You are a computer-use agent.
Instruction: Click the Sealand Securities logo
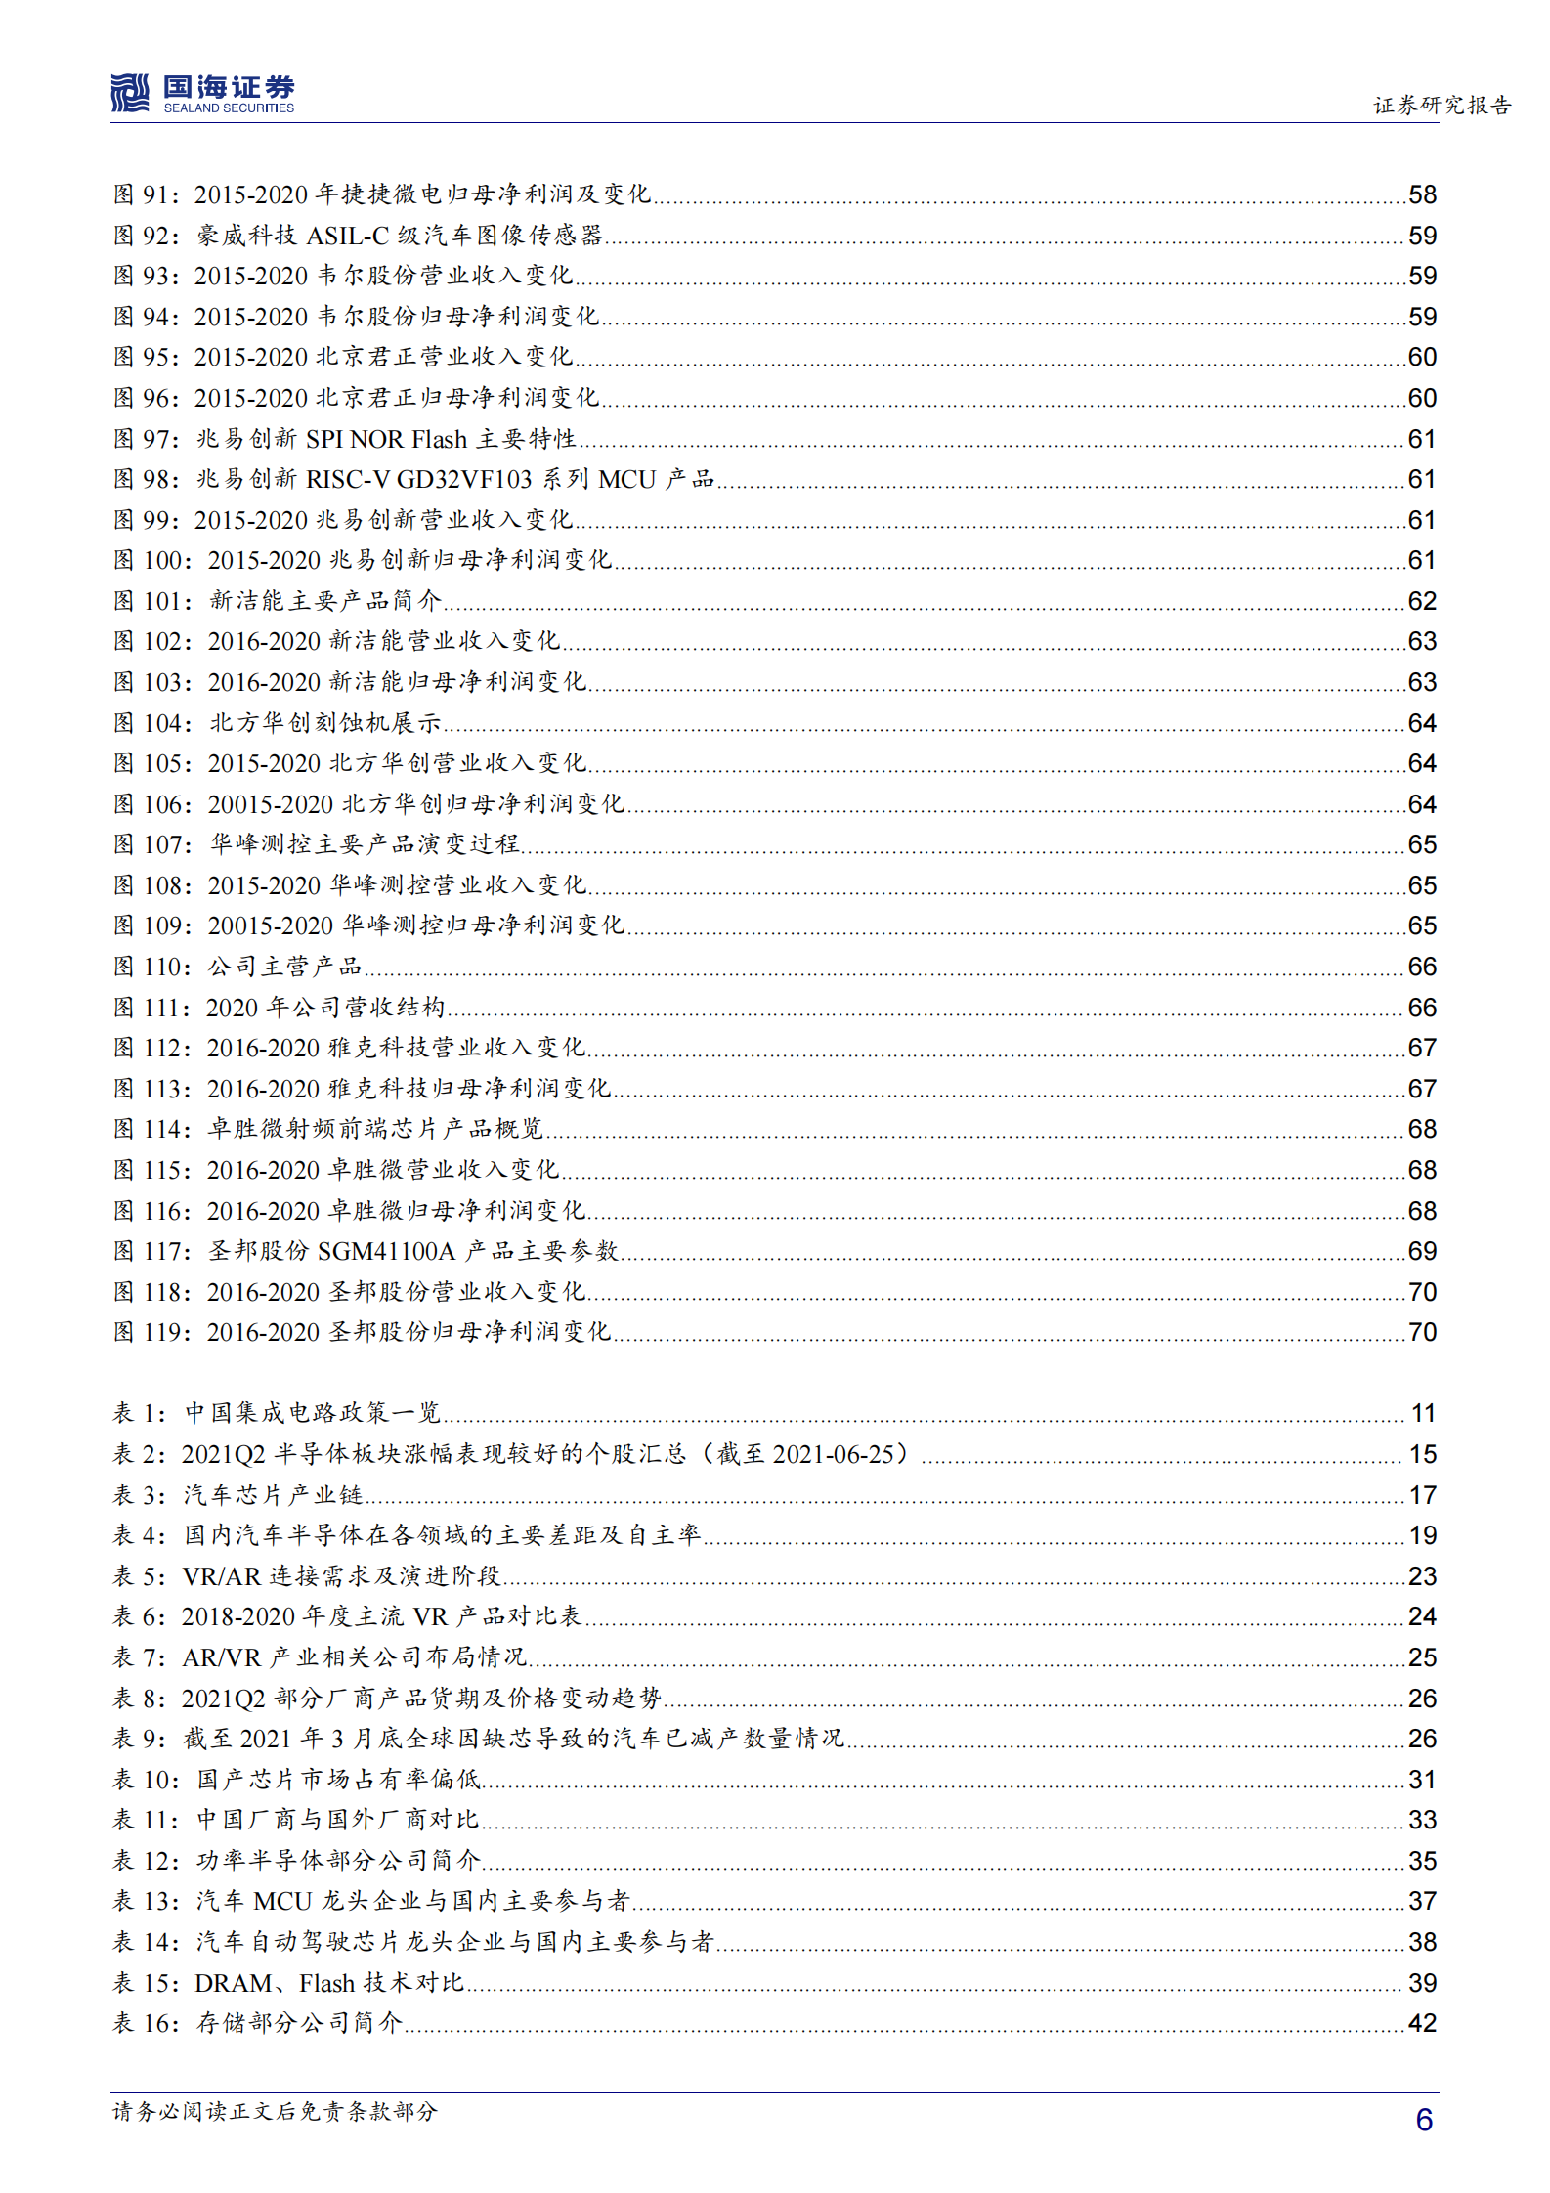pyautogui.click(x=201, y=94)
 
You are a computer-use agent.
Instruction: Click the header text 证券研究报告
pyautogui.click(x=1442, y=105)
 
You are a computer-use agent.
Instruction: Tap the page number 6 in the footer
pyautogui.click(x=1424, y=2120)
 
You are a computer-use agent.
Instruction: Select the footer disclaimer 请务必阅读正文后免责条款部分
pyautogui.click(x=275, y=2112)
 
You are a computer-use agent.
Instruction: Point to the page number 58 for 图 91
pyautogui.click(x=1422, y=194)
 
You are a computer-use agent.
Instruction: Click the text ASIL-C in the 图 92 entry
pyautogui.click(x=348, y=236)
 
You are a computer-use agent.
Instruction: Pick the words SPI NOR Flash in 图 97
pyautogui.click(x=387, y=439)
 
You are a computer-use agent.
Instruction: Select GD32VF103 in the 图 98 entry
pyautogui.click(x=464, y=479)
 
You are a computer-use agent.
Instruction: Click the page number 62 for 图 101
pyautogui.click(x=1422, y=601)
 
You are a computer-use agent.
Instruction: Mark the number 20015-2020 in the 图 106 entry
pyautogui.click(x=271, y=804)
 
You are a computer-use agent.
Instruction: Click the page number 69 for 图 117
pyautogui.click(x=1422, y=1251)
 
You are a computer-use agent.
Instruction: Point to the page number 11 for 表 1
pyautogui.click(x=1423, y=1413)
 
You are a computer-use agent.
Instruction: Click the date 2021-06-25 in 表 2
pyautogui.click(x=834, y=1454)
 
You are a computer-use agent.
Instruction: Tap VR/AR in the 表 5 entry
pyautogui.click(x=222, y=1576)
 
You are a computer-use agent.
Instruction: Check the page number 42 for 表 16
pyautogui.click(x=1422, y=2023)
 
